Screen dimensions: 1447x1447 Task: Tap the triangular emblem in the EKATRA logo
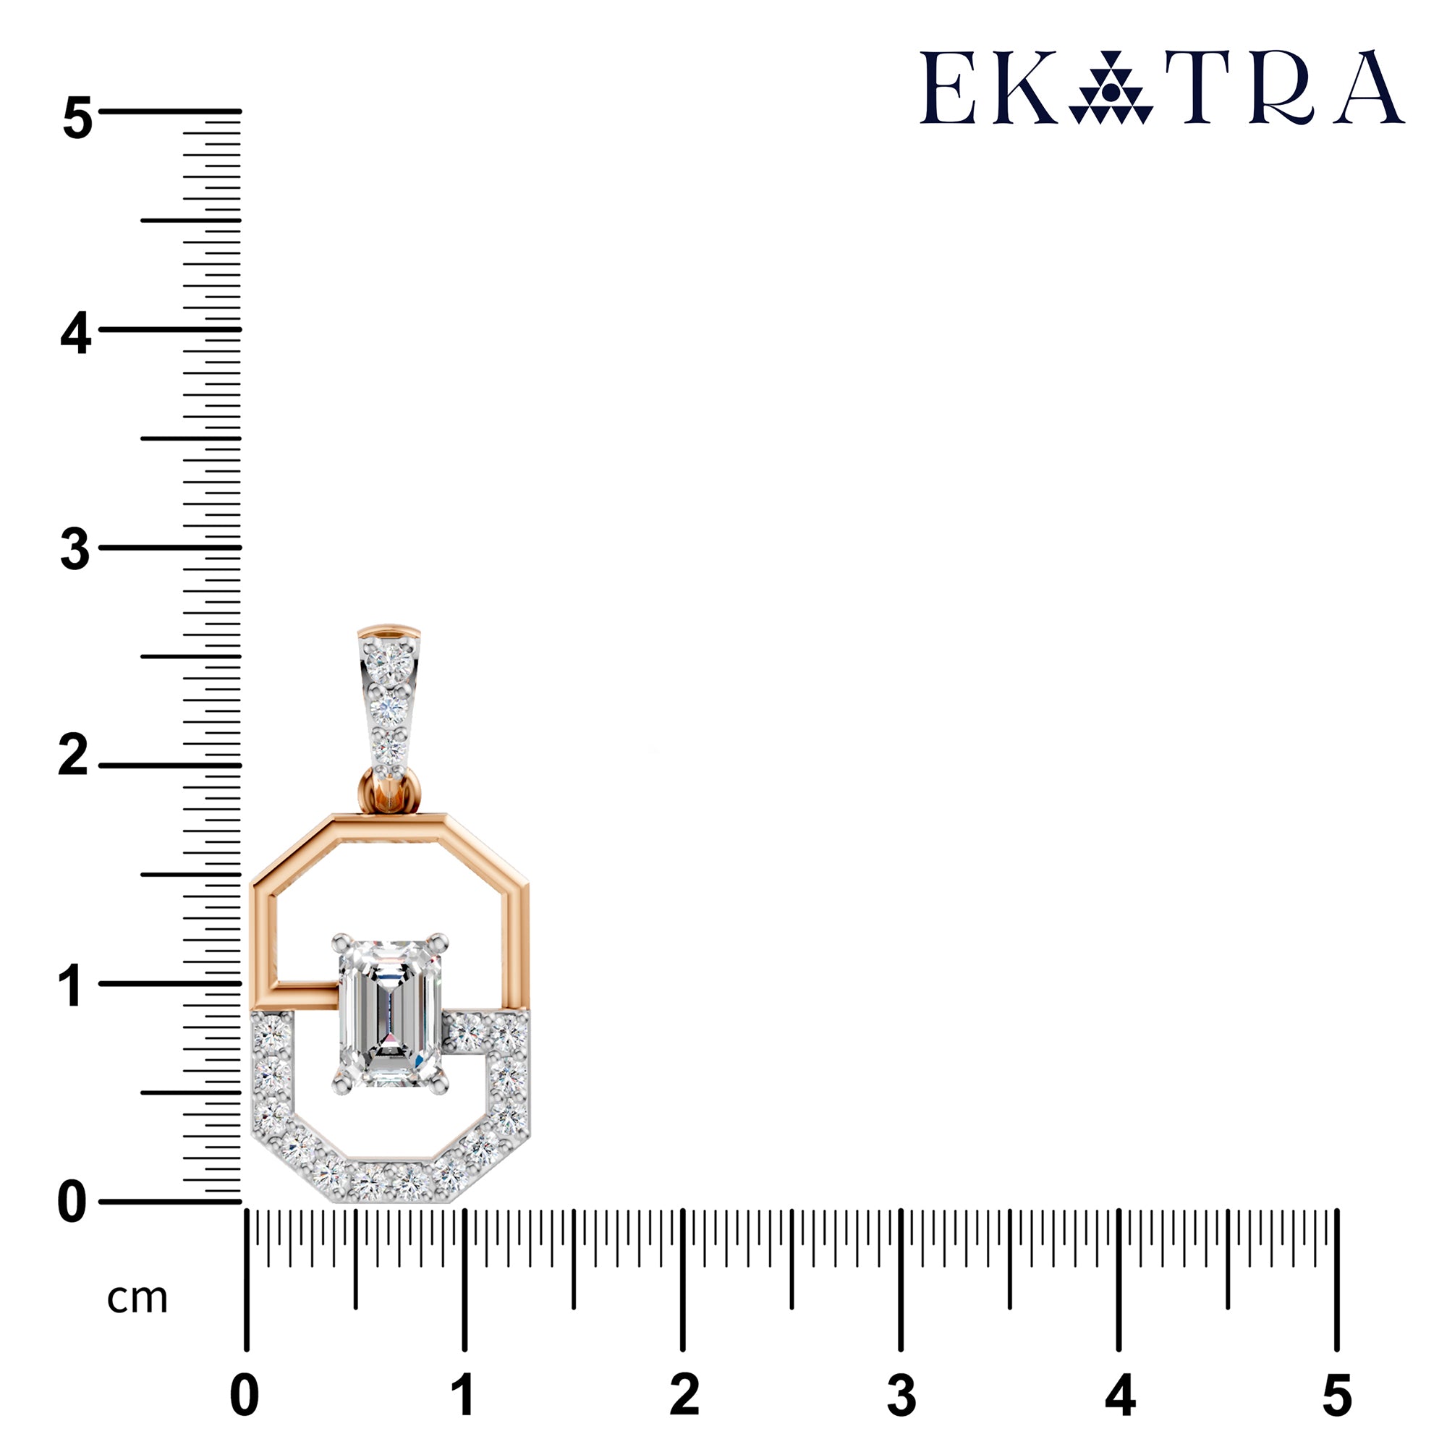pos(1111,88)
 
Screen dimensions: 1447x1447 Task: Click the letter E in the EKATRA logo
pos(948,88)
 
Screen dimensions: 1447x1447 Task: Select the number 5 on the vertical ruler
pos(77,118)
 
